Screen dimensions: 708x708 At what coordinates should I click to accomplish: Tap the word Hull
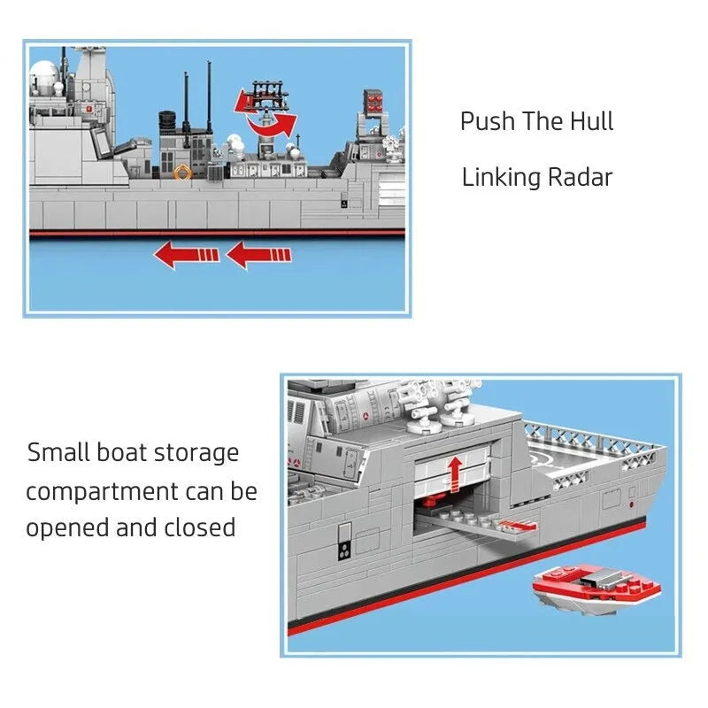click(x=591, y=121)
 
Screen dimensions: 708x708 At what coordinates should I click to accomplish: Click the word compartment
click(x=102, y=492)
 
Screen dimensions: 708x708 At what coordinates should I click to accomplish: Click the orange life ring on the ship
click(x=182, y=172)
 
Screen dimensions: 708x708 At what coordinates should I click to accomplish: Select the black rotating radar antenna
click(x=270, y=95)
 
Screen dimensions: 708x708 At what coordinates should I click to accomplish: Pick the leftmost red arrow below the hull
click(x=187, y=255)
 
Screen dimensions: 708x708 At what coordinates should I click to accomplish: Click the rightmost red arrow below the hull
click(x=258, y=255)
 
